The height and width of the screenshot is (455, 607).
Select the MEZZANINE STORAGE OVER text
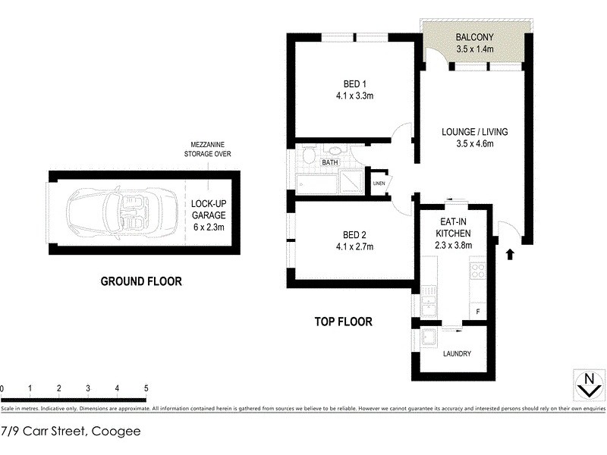(x=207, y=149)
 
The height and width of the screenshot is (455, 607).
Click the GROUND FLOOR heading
(x=141, y=281)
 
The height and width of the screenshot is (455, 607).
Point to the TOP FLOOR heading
(x=343, y=322)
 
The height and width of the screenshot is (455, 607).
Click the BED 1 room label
(x=352, y=90)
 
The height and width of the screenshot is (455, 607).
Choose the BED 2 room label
(x=352, y=240)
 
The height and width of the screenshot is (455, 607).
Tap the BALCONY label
(x=475, y=43)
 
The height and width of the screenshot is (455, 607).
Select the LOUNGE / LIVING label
(x=474, y=138)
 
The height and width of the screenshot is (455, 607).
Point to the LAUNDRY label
(x=456, y=353)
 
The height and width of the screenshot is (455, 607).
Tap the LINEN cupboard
(x=378, y=184)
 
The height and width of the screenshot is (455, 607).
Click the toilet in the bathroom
(x=308, y=157)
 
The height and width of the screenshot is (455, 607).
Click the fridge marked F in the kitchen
(x=477, y=312)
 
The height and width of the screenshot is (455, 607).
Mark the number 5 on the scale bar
(x=146, y=388)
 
